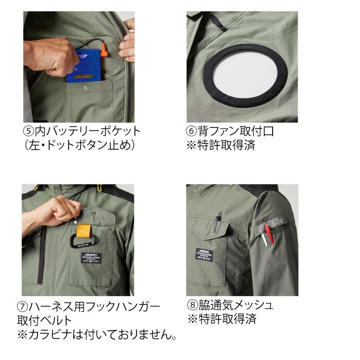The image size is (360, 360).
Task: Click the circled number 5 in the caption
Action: [x=29, y=131]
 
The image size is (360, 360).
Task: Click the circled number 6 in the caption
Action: [x=192, y=131]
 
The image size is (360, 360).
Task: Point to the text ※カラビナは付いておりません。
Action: [x=98, y=336]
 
